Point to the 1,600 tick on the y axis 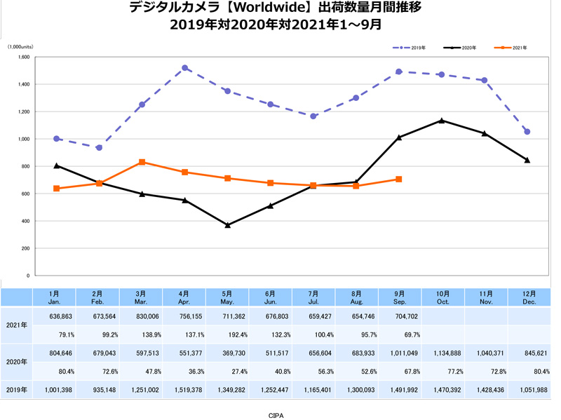[23, 57]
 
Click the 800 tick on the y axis [25, 167]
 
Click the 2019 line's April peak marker [185, 68]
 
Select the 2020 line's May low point [228, 225]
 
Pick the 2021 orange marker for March [142, 162]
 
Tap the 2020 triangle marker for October [441, 121]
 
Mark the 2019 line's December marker [527, 132]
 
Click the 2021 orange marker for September [398, 179]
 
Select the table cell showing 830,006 [142, 316]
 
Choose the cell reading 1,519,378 [185, 390]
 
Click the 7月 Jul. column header [313, 297]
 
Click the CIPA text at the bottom [276, 414]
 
